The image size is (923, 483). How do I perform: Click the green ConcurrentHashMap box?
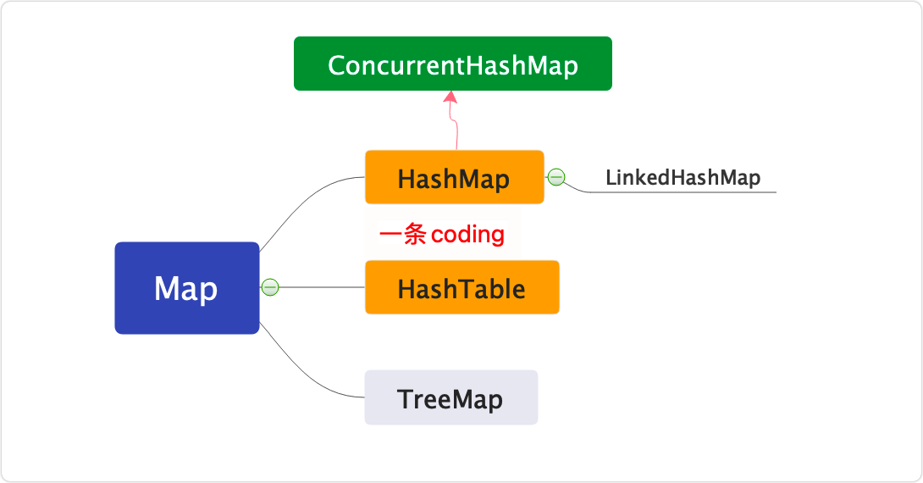point(452,64)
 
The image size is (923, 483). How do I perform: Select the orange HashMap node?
point(454,178)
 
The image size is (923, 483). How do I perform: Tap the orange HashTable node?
point(461,288)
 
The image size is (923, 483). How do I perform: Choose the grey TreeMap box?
point(450,397)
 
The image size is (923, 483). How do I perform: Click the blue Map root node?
point(186,288)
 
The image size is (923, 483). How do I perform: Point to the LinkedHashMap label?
point(683,178)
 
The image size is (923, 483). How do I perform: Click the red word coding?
point(467,235)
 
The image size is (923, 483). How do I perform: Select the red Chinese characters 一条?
point(402,235)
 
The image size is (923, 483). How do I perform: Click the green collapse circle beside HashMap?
point(556,177)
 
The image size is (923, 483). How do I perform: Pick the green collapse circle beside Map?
point(270,287)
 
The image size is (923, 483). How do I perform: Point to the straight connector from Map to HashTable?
point(322,287)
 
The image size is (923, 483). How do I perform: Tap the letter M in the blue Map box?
point(166,289)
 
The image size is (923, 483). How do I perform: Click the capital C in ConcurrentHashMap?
point(336,65)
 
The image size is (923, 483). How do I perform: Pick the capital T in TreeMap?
point(404,398)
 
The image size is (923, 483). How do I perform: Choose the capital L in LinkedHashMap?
point(611,178)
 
